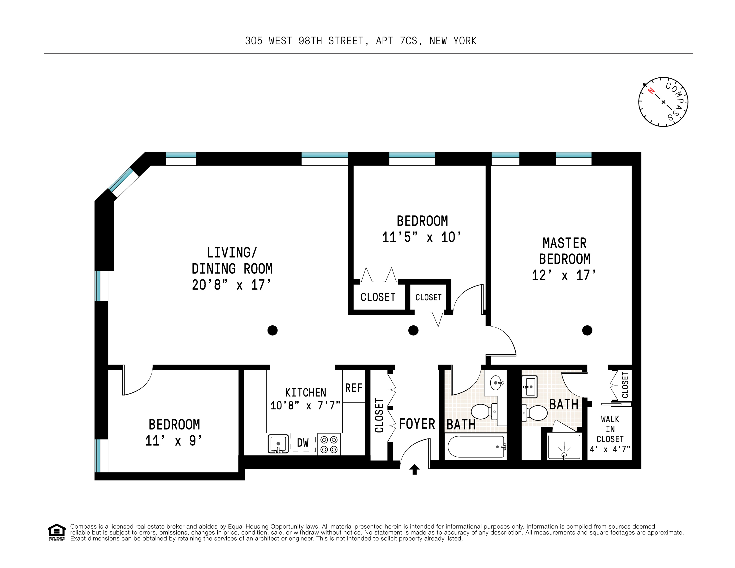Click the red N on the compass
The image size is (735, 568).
(x=651, y=90)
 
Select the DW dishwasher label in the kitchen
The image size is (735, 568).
(x=303, y=443)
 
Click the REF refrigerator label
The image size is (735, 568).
(x=354, y=388)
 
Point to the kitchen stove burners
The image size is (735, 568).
(x=329, y=444)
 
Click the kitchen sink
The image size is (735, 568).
(x=278, y=444)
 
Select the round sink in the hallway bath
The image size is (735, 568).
(x=496, y=383)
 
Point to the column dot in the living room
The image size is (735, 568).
(x=272, y=330)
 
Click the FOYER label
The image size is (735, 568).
(x=417, y=424)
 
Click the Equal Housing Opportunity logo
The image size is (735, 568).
(x=56, y=532)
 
